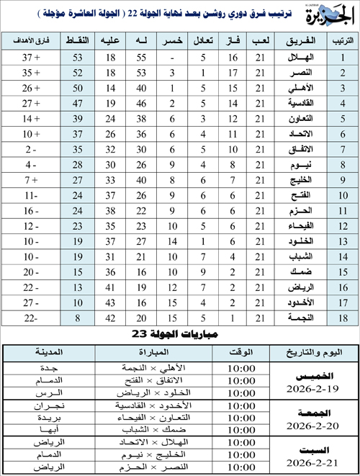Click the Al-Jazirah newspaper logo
(x=334, y=14)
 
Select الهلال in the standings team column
(x=290, y=57)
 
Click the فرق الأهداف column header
(x=30, y=40)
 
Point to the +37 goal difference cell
(x=30, y=57)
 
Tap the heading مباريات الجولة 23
(x=180, y=335)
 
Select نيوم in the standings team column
(x=290, y=165)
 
